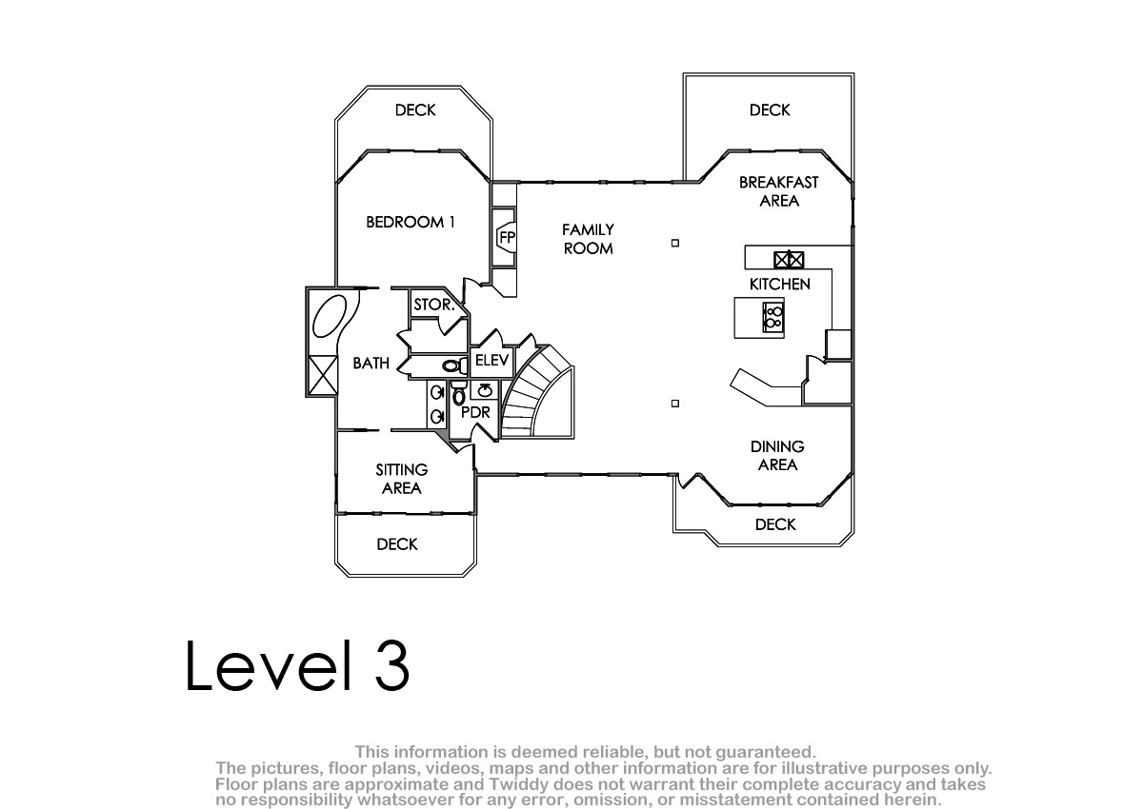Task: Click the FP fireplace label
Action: click(507, 238)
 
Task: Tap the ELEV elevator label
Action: click(491, 361)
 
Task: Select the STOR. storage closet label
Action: click(433, 305)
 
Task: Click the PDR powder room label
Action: click(475, 412)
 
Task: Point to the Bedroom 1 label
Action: click(411, 222)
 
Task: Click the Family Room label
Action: click(588, 239)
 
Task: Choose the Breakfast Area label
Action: click(779, 191)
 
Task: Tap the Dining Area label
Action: click(777, 455)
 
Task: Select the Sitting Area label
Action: click(402, 479)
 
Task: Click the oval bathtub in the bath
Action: click(330, 316)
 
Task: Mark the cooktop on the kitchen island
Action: click(773, 317)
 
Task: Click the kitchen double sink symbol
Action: click(789, 260)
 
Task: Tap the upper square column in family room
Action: click(675, 243)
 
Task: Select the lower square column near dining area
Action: click(675, 404)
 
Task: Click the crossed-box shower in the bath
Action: click(323, 375)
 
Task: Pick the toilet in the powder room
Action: click(459, 392)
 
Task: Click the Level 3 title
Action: click(297, 666)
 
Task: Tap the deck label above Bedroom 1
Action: click(415, 110)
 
